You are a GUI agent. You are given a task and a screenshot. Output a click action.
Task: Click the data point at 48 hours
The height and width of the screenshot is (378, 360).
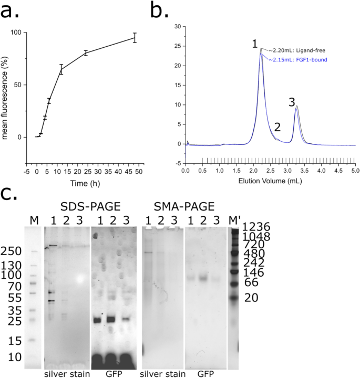(x=135, y=37)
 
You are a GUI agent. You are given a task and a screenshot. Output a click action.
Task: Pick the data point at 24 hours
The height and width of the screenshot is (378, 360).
(x=86, y=52)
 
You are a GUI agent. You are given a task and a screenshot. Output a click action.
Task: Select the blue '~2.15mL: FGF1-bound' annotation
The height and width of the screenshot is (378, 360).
(x=297, y=60)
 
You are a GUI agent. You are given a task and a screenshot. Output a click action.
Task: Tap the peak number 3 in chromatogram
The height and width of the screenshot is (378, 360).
(x=292, y=102)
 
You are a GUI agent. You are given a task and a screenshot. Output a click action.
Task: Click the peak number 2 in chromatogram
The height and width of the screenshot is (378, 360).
(x=277, y=128)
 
